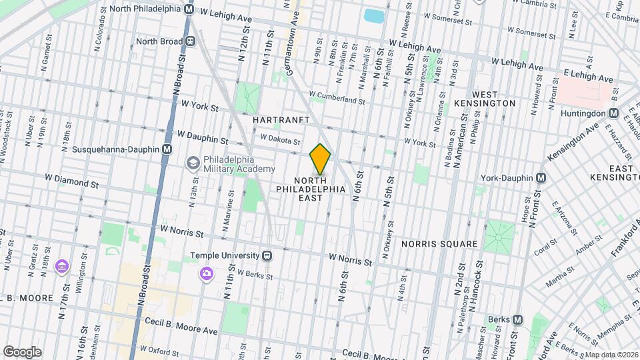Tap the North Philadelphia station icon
point(189,9)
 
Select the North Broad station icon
point(191,41)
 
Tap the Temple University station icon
point(267,255)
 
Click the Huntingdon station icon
point(613,114)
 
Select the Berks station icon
point(516,319)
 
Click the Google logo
point(22,352)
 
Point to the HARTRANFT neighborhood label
point(282,119)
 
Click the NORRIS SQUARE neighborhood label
point(440,244)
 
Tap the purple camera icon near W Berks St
point(207,273)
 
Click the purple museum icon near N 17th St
point(61,267)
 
